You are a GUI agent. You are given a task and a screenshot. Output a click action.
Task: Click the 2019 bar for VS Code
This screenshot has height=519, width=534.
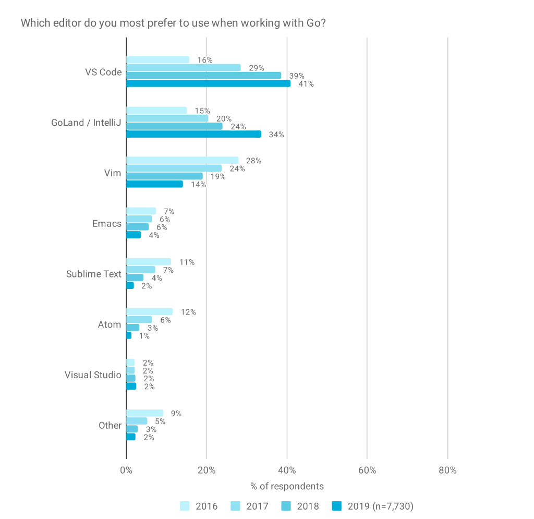click(208, 83)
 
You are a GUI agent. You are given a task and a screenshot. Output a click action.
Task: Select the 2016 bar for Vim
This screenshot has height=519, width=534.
click(182, 160)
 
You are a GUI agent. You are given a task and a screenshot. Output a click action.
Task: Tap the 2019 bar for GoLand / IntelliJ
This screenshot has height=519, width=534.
click(193, 134)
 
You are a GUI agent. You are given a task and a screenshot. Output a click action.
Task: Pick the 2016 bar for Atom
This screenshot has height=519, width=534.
click(149, 311)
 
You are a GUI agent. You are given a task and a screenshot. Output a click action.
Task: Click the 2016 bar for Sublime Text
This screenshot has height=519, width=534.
click(149, 261)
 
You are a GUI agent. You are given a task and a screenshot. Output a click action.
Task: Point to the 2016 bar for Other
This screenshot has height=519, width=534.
click(144, 413)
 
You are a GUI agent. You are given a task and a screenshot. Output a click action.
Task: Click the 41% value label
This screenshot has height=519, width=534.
click(306, 84)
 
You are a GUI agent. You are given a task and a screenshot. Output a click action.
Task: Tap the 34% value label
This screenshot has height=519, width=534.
click(276, 135)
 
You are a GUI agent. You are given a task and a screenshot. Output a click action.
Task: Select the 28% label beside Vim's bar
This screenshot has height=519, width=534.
click(253, 161)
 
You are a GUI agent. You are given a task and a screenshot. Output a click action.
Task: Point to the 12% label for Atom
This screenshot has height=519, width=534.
click(188, 312)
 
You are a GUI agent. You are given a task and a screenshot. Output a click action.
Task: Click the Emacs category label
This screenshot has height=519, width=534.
click(107, 223)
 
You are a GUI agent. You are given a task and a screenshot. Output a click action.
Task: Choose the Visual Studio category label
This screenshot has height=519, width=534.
click(93, 375)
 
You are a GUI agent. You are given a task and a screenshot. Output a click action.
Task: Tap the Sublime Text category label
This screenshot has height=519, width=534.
click(94, 274)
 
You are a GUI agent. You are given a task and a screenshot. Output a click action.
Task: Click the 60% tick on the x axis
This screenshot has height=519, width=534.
click(367, 470)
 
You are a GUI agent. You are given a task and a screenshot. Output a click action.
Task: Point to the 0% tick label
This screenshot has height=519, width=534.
click(126, 470)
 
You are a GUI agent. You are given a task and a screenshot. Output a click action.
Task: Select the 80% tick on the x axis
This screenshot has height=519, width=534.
click(447, 470)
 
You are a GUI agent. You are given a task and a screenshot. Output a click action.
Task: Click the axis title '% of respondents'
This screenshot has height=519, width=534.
click(287, 486)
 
